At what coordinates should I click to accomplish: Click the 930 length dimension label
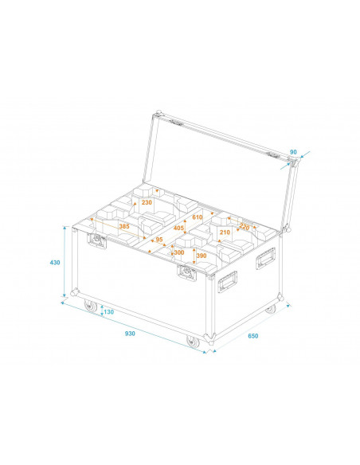coord(129,334)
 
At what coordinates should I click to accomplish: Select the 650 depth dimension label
coord(252,336)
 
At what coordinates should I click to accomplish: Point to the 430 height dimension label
coord(54,262)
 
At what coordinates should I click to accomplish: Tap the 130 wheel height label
coord(108,312)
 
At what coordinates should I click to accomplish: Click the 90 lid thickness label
coord(293,151)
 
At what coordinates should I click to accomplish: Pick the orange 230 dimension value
coord(147,203)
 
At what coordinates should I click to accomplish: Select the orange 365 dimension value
coord(123,227)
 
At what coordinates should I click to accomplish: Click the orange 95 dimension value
coord(158,240)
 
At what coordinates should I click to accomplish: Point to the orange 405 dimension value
coord(178,229)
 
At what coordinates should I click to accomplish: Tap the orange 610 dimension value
coord(198,217)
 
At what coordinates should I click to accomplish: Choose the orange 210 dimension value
coord(225,232)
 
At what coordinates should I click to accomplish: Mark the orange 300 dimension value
coord(178,252)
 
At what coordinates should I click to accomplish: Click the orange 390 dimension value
coord(201,256)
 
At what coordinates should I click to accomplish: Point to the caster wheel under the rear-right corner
coord(271,308)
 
